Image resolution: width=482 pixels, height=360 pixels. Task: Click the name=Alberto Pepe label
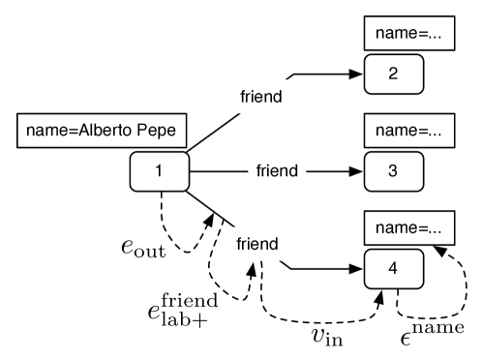point(102,131)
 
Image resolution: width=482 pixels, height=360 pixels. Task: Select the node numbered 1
point(159,172)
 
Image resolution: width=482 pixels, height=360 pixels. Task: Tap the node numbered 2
point(392,73)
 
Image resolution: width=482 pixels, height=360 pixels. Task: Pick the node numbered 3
point(392,172)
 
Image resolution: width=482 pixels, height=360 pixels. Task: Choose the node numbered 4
point(392,268)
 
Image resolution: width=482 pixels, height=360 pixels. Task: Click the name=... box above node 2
point(407,32)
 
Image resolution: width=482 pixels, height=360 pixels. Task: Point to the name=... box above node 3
point(407,130)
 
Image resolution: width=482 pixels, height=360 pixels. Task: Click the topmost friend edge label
point(260,97)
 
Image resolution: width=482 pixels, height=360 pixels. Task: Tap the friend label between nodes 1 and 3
point(277,171)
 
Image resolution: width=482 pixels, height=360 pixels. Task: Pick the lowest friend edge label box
point(256,244)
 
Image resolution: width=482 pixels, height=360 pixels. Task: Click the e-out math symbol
point(142,248)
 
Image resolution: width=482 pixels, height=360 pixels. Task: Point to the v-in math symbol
point(327,336)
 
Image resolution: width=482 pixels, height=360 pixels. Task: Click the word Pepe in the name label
point(157,131)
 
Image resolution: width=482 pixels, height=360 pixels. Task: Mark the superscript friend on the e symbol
point(192,299)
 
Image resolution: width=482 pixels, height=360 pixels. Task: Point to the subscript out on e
point(151,252)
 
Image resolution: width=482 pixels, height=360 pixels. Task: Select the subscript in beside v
point(335,340)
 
